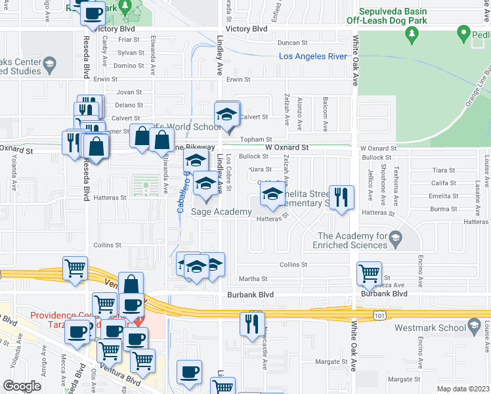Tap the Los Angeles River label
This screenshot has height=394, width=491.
coord(312,56)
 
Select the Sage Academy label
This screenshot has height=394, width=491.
coord(221,211)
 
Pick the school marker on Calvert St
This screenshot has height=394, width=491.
coord(227,114)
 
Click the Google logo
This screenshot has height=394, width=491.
coord(22,386)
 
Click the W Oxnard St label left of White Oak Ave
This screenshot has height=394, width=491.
coord(287,148)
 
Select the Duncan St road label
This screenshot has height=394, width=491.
coord(292,43)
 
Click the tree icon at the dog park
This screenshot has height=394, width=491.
coord(412,33)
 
